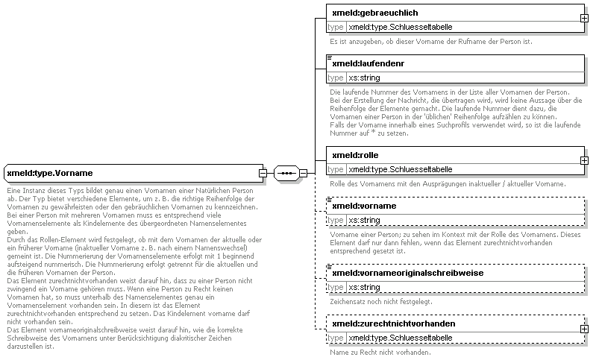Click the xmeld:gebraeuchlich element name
(374, 13)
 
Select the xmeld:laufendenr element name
(369, 63)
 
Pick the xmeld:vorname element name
(363, 206)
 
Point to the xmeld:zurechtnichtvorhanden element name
(393, 324)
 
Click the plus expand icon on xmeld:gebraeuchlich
(584, 17)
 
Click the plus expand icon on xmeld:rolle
(584, 160)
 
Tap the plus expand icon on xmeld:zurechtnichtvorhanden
(584, 329)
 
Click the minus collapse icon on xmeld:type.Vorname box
(263, 174)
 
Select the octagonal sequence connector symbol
(286, 174)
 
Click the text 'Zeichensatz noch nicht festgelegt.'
(380, 301)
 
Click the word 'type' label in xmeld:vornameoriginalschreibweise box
(336, 287)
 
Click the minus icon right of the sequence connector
(303, 174)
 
